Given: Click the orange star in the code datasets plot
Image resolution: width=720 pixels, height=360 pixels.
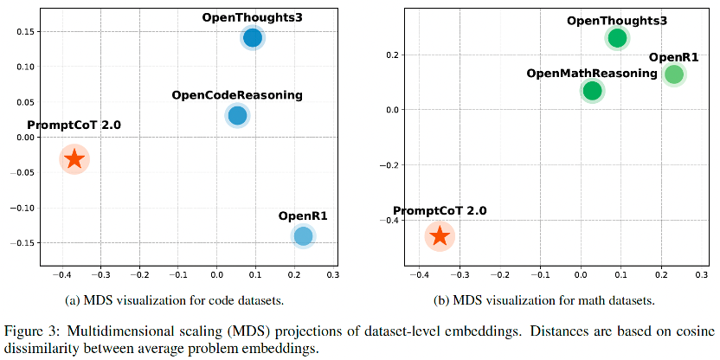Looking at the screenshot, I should [74, 158].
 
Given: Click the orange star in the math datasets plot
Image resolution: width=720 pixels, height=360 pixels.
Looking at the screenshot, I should [440, 235].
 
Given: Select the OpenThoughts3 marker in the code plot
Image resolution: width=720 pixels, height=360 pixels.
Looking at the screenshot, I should [253, 37].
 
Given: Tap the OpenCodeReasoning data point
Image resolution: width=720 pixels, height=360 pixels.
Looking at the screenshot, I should [237, 115].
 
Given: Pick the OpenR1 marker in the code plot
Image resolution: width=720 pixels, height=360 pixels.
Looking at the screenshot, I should [303, 235].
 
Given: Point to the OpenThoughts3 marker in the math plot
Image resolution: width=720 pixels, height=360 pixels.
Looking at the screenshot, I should [617, 38].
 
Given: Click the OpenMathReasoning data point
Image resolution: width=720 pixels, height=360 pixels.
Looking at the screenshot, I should [592, 91].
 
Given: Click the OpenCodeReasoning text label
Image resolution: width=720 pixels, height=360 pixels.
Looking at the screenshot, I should [237, 94].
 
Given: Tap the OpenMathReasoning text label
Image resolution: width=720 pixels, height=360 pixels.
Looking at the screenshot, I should [592, 73].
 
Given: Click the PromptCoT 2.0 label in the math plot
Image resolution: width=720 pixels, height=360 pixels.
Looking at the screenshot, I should [440, 211].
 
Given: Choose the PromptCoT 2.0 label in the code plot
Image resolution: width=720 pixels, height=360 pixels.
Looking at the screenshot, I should [74, 125].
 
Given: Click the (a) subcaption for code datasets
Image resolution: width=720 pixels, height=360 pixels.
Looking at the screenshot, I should [175, 300].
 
